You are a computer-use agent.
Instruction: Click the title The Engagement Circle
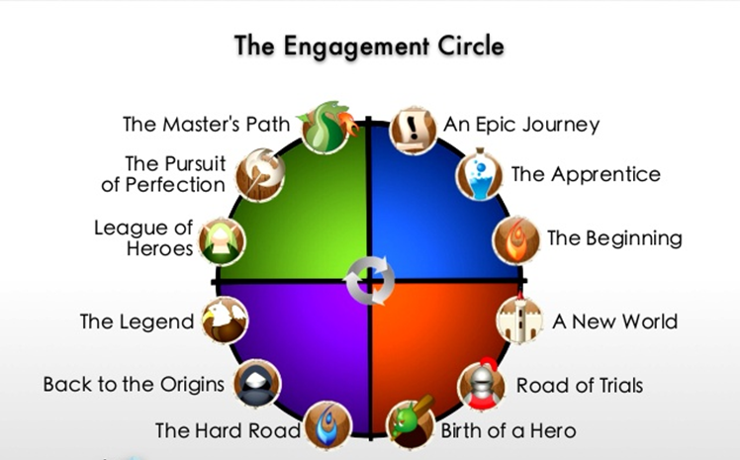point(369,46)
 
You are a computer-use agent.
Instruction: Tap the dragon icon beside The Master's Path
point(324,126)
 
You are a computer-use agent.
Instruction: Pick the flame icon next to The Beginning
point(514,239)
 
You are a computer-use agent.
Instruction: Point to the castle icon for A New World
point(516,320)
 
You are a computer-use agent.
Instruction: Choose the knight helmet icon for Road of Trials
point(481,384)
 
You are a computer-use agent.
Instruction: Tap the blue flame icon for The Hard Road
point(324,426)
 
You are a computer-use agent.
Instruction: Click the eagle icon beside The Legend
point(221,320)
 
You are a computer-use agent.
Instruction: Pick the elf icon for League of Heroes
point(221,239)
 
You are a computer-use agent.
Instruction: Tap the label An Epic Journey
point(521,125)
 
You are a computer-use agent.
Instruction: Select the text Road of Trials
point(580,385)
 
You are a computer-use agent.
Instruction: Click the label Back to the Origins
point(134,384)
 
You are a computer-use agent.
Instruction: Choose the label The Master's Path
point(206,125)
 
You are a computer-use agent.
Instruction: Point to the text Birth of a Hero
point(509,430)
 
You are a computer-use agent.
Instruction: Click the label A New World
point(614,321)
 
